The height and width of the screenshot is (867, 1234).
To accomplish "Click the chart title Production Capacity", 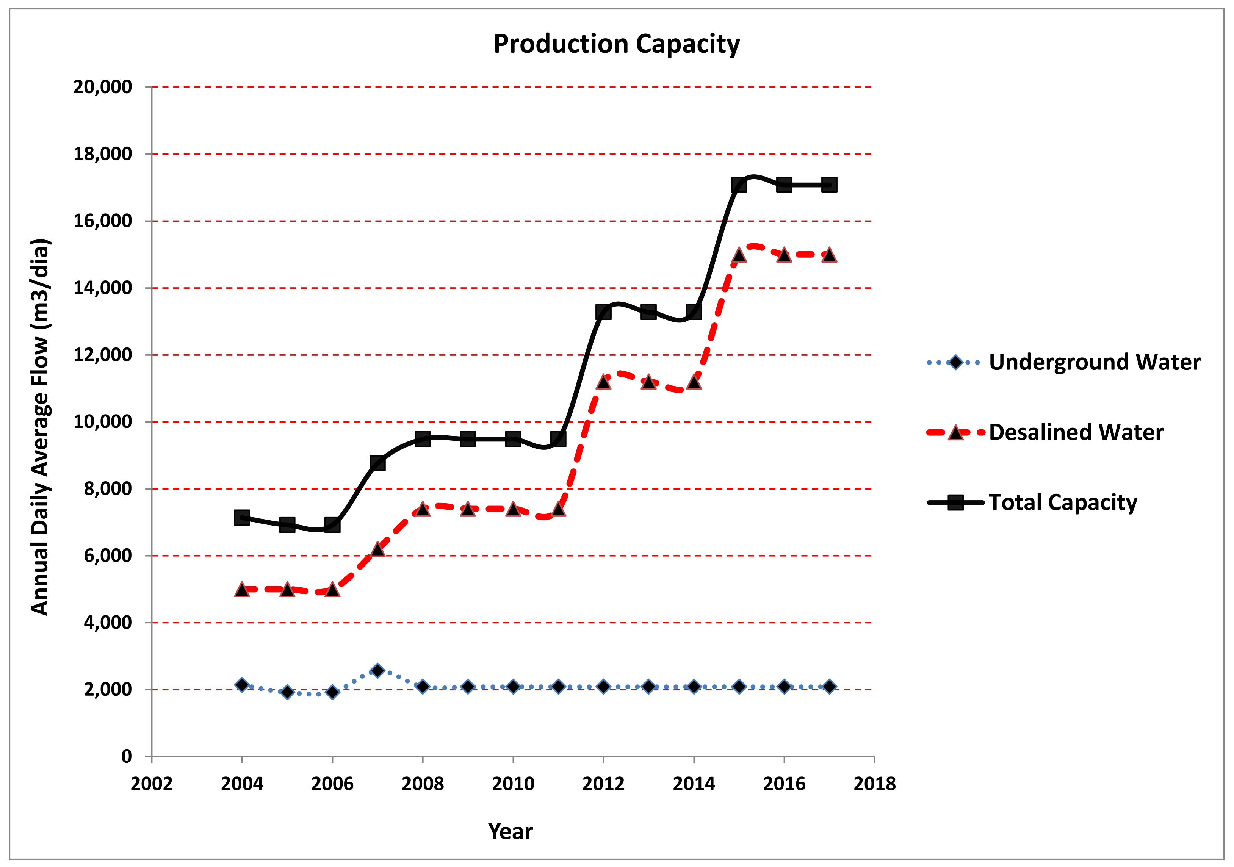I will (x=617, y=44).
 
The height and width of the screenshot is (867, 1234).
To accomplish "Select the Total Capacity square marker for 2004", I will (x=242, y=518).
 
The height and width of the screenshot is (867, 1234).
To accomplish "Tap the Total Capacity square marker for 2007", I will (x=377, y=463).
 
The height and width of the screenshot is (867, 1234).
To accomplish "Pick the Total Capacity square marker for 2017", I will (x=829, y=185).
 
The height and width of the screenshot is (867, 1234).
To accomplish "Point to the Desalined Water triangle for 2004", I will (x=242, y=590).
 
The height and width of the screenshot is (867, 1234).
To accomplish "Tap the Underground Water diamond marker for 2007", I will (x=377, y=670).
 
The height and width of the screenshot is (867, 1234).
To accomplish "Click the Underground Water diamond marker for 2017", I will (x=829, y=686).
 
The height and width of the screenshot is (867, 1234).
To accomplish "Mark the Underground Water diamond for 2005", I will (x=287, y=692).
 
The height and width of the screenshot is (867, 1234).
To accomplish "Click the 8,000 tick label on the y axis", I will (x=108, y=488).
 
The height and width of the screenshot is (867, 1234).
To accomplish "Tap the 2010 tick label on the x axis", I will (x=513, y=784).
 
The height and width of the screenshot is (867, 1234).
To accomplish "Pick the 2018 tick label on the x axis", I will (x=874, y=784).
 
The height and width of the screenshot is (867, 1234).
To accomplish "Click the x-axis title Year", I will (x=510, y=831).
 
